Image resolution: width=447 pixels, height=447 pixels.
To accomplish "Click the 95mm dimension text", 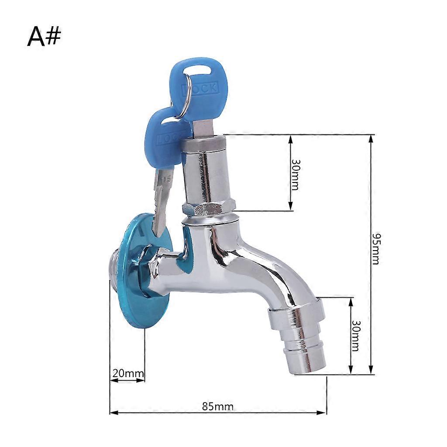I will click(x=376, y=249).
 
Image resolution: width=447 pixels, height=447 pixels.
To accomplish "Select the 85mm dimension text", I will click(x=218, y=406).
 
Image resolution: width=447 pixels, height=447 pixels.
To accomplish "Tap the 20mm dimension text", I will click(x=128, y=374).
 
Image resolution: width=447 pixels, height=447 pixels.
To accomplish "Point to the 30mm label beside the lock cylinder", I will click(x=295, y=174).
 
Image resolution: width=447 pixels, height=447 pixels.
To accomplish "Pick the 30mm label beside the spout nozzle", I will click(x=355, y=336).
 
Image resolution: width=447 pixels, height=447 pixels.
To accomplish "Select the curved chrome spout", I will click(x=262, y=266).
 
